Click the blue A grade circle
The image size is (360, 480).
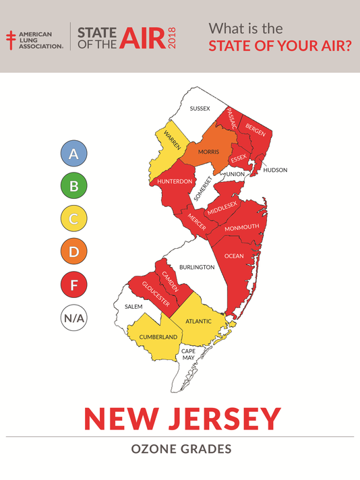tap(74, 154)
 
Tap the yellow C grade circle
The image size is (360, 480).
tap(74, 218)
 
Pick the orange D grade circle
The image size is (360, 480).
tap(74, 251)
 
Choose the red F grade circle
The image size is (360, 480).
tap(74, 284)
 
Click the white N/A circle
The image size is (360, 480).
tap(74, 316)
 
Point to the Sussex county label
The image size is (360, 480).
tap(200, 109)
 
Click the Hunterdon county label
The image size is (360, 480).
tap(175, 182)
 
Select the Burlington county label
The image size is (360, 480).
tap(197, 267)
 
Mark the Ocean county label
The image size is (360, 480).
tap(234, 256)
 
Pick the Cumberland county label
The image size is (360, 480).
tap(158, 336)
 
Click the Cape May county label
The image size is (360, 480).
tap(188, 355)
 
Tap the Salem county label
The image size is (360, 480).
tap(133, 306)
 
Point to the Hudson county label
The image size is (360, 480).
tap(275, 170)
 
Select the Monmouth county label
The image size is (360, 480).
tap(241, 228)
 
